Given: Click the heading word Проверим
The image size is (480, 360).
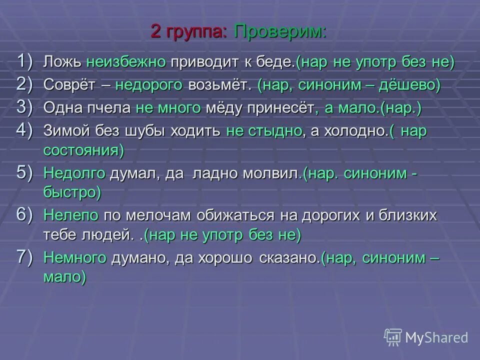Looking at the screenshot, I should click(279, 32).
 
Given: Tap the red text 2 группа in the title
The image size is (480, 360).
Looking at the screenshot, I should click(188, 32).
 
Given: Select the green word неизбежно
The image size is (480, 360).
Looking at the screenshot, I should click(125, 62).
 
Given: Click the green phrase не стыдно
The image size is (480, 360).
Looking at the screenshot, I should click(264, 131).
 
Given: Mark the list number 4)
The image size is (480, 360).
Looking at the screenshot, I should click(25, 130).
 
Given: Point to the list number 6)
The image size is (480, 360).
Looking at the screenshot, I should click(25, 214).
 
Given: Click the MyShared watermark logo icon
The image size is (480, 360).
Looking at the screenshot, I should click(393, 337).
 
